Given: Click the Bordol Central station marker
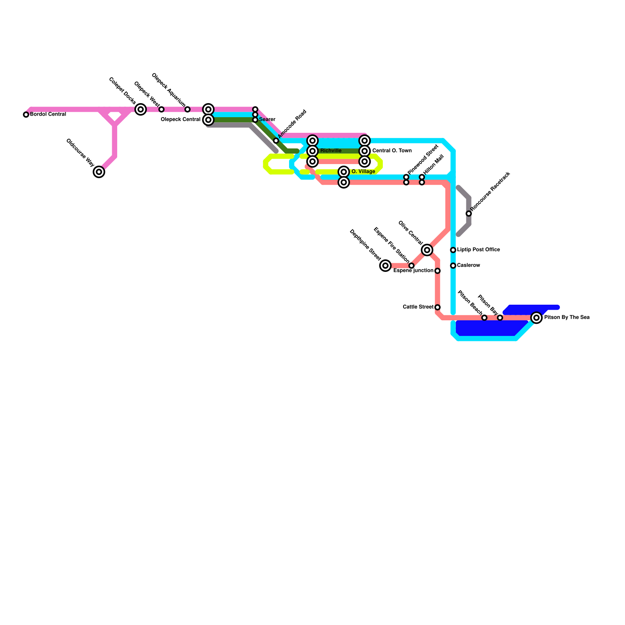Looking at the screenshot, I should point(26,114).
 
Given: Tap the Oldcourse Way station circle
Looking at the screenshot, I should point(99,171).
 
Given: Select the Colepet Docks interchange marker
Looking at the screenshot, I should point(141,109).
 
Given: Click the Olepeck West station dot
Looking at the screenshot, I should point(161,109).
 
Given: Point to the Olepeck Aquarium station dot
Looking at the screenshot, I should point(187,109).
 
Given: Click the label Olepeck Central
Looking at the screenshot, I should point(180,120).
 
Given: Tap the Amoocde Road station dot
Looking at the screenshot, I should point(276,141).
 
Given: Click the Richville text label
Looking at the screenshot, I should point(331,151).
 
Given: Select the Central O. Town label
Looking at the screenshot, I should point(392,151).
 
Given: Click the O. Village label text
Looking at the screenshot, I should point(363,171).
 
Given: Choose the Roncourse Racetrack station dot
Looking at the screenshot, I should point(469,213).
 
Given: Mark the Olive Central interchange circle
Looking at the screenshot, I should point(427,250).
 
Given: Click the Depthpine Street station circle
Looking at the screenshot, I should point(386,266).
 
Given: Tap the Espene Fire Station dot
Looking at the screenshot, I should point(411,266).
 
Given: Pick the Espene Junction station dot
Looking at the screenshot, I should point(437,271).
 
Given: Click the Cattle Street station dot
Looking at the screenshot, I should point(437,307).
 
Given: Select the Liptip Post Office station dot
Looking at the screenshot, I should point(453,250).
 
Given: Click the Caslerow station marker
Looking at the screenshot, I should point(453,266).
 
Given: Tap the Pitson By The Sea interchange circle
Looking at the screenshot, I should point(537,318).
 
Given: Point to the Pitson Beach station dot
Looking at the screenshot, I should point(484,318).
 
